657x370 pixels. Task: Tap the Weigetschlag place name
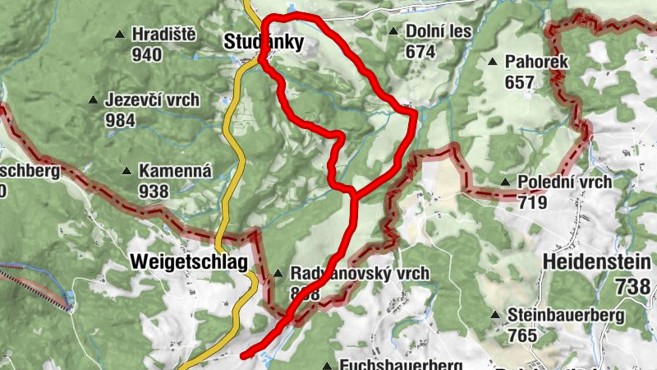tap(189, 262)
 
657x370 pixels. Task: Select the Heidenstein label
tap(598, 262)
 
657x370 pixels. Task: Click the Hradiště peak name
tap(163, 35)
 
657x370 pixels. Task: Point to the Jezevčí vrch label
tap(153, 100)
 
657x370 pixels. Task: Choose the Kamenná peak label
tap(175, 172)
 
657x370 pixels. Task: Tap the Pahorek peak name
tap(531, 62)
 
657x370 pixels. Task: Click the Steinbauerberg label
tap(567, 315)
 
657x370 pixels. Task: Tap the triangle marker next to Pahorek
tap(493, 62)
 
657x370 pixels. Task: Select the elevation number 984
tap(120, 119)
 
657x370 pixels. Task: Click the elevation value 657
tap(520, 82)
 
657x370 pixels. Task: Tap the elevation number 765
tap(522, 335)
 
